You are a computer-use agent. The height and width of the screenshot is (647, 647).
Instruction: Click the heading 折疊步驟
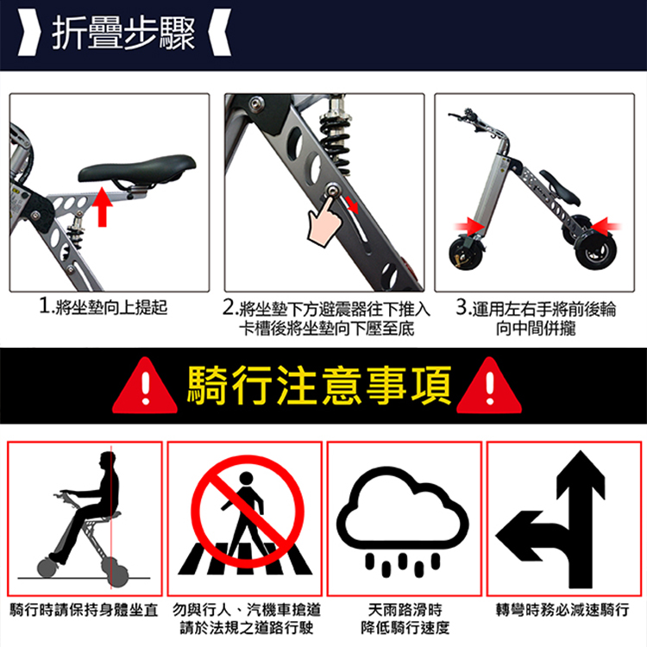pyautogui.click(x=123, y=34)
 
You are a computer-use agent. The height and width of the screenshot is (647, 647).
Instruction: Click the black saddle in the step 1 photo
pyautogui.click(x=137, y=169)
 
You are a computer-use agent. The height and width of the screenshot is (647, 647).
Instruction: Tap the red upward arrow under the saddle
pyautogui.click(x=102, y=206)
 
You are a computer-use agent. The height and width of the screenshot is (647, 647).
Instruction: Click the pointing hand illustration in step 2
pyautogui.click(x=324, y=221)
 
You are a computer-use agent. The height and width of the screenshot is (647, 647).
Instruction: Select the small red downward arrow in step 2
pyautogui.click(x=352, y=204)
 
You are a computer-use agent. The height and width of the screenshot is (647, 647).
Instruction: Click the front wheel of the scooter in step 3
pyautogui.click(x=466, y=252)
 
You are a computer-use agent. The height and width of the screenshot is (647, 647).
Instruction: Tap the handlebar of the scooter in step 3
pyautogui.click(x=474, y=121)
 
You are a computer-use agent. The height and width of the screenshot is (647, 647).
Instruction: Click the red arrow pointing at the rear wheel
pyautogui.click(x=605, y=227)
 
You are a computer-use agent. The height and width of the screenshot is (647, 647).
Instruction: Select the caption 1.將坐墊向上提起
pyautogui.click(x=104, y=306)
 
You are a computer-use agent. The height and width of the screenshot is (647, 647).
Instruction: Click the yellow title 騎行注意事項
pyautogui.click(x=319, y=385)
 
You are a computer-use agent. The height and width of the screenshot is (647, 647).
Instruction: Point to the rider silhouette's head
pyautogui.click(x=107, y=462)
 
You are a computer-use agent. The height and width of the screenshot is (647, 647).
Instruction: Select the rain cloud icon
pyautogui.click(x=402, y=521)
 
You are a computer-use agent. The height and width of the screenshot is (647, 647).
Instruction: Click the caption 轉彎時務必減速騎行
pyautogui.click(x=562, y=609)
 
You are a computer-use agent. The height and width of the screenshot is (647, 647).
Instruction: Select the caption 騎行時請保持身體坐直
pyautogui.click(x=84, y=609)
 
